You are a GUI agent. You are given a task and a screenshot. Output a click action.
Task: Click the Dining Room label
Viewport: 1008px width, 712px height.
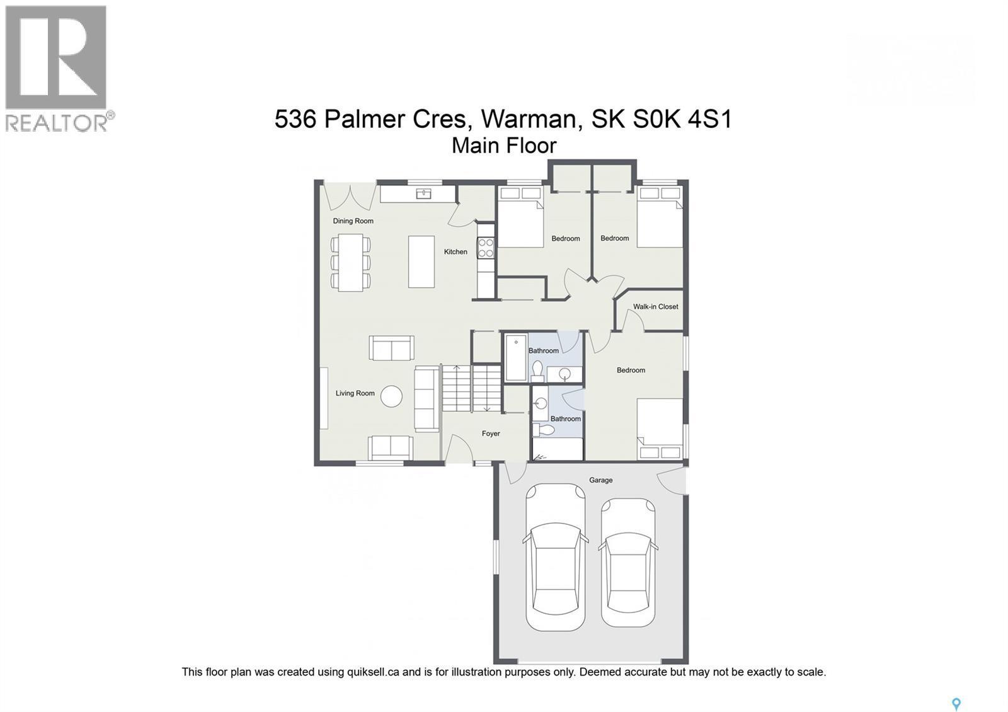point(353,221)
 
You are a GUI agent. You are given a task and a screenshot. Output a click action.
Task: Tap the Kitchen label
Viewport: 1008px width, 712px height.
point(455,252)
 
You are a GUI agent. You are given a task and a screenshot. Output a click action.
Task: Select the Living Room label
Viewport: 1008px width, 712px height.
point(355,393)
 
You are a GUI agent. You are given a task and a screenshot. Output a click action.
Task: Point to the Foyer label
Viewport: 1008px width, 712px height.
point(491,434)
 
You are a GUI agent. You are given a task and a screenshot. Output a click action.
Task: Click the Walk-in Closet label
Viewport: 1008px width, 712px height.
point(655,307)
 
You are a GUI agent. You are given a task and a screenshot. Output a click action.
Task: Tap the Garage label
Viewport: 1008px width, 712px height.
point(600,480)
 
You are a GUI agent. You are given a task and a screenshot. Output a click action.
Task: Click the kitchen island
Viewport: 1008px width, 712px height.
point(421,261)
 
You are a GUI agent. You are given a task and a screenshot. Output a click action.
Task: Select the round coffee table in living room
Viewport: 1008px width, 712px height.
point(391,396)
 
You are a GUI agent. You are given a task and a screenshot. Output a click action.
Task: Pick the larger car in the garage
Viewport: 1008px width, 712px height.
point(555,558)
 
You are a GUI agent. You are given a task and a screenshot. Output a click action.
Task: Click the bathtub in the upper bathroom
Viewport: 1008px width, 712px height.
point(516,358)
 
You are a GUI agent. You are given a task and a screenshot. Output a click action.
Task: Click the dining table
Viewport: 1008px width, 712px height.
point(350,262)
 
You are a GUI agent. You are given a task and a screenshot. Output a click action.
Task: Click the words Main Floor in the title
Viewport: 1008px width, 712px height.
point(504,146)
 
